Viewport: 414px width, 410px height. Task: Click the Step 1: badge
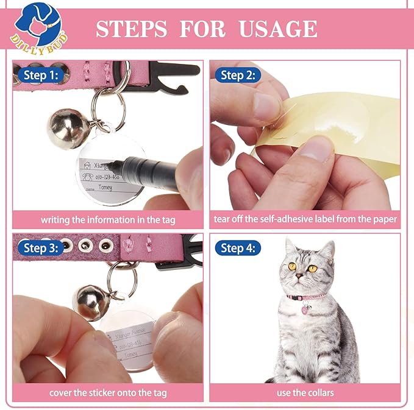point(41,75)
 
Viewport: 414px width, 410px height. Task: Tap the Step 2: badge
point(238,75)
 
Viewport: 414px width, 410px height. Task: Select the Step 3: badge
point(41,248)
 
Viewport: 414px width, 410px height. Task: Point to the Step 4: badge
point(238,248)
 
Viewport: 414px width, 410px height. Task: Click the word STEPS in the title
point(132,29)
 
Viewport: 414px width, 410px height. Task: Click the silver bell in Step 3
point(90,301)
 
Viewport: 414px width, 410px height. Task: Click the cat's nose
point(299,277)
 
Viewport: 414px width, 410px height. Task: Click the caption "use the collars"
point(305,392)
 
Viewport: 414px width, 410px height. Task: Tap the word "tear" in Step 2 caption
point(223,219)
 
